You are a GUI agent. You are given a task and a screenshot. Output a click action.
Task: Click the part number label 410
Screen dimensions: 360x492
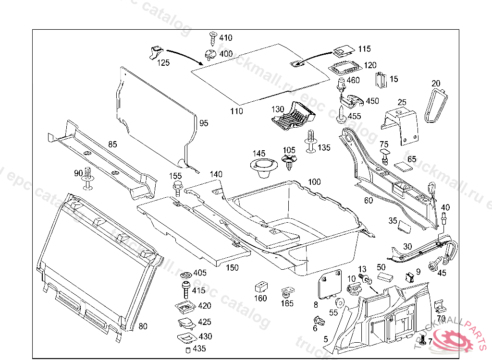[225, 38]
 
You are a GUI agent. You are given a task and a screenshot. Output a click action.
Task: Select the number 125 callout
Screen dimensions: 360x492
[164, 62]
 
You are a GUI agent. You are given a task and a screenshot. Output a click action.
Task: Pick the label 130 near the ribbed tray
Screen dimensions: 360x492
[278, 109]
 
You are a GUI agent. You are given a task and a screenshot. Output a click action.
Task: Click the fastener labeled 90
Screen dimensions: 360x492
[87, 178]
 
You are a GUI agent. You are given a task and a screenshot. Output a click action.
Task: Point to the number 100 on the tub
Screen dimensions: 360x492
[314, 182]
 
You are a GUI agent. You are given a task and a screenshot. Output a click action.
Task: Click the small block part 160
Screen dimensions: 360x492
[260, 287]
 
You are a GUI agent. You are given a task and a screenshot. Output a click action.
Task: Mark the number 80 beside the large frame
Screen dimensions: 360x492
[143, 326]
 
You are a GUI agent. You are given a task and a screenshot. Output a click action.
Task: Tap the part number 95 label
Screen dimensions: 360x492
[204, 123]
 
